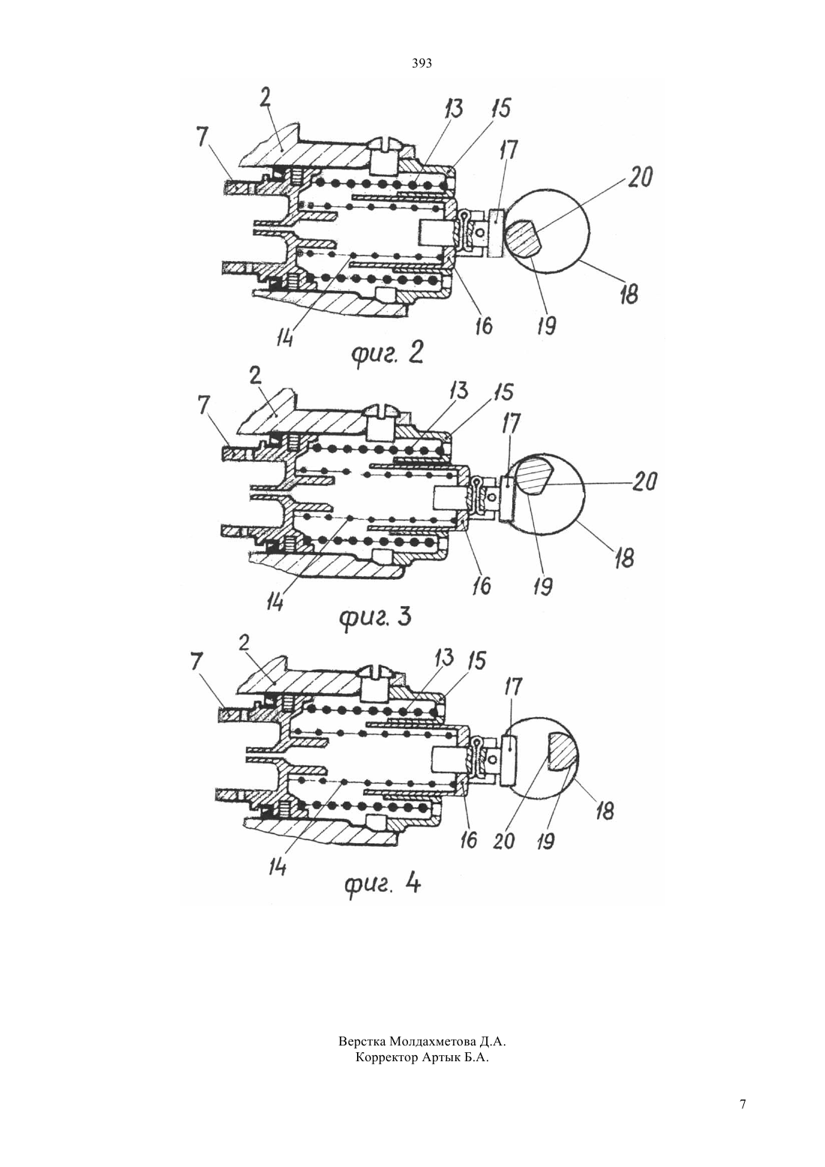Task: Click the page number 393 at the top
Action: pos(421,64)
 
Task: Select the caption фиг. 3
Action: pos(376,618)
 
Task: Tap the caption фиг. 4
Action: pos(382,883)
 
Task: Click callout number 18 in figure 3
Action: pos(624,557)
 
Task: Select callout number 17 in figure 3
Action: pos(511,424)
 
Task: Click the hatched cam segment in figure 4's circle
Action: pos(562,751)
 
